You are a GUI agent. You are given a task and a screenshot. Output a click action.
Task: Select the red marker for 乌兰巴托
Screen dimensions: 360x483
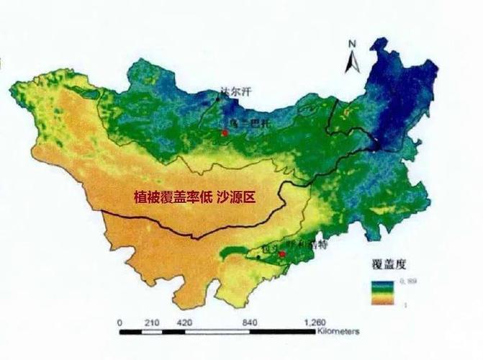225,132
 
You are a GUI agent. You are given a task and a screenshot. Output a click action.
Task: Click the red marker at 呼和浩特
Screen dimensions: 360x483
282,253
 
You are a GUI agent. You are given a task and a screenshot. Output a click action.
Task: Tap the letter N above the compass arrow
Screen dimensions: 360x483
353,43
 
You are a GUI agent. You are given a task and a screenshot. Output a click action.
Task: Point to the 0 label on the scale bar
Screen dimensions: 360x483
119,322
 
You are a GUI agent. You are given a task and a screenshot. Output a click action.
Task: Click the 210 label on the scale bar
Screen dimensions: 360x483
152,322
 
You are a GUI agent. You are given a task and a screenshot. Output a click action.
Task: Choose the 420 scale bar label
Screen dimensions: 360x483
184,322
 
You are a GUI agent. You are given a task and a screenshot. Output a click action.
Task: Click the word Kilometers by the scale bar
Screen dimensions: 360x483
338,333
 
